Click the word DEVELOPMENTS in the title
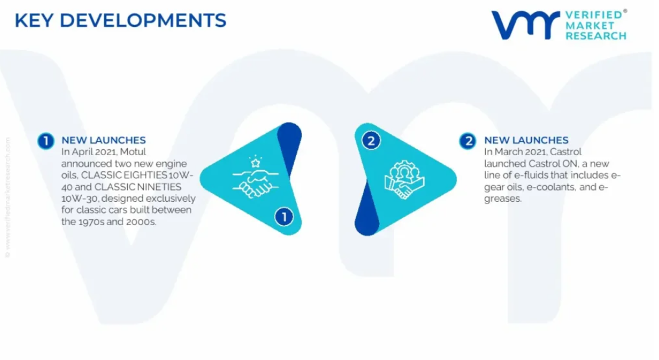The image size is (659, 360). [143, 21]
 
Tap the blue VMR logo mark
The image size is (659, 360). [525, 25]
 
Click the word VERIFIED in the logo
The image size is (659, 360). [594, 15]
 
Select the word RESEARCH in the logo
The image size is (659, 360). [596, 36]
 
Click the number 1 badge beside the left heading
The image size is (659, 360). [46, 141]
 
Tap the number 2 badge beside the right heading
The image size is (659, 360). [468, 141]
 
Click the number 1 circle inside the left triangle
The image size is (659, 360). [284, 217]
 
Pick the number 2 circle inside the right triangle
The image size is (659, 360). [371, 140]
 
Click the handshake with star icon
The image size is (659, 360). [255, 177]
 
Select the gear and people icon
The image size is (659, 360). [404, 180]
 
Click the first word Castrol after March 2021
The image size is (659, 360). [566, 152]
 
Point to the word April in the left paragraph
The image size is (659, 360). [82, 152]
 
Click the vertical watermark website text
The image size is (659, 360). [7, 197]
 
